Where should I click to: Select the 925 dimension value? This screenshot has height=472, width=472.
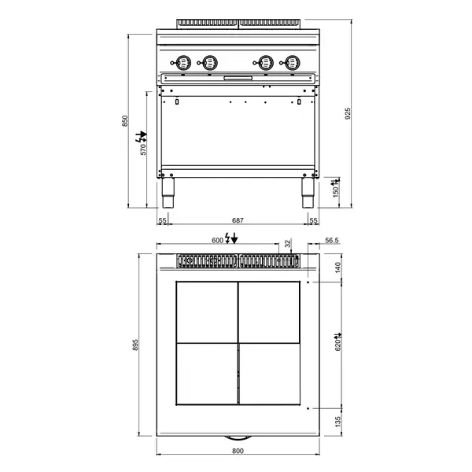coord(347,112)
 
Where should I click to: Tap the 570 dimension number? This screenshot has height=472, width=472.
coord(143,149)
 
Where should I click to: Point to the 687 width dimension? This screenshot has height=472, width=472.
coord(237,220)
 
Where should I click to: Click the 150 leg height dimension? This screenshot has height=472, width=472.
coord(336,192)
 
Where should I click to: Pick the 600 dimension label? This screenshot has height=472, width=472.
coord(216,240)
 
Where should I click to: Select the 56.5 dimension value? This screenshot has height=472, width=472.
coord(331,242)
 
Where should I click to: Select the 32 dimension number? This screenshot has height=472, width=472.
coord(287,243)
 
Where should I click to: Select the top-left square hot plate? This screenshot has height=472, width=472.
coord(206,312)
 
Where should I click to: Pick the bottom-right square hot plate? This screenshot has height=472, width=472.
coord(269,375)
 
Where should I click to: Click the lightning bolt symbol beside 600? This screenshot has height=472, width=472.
coord(230,239)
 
